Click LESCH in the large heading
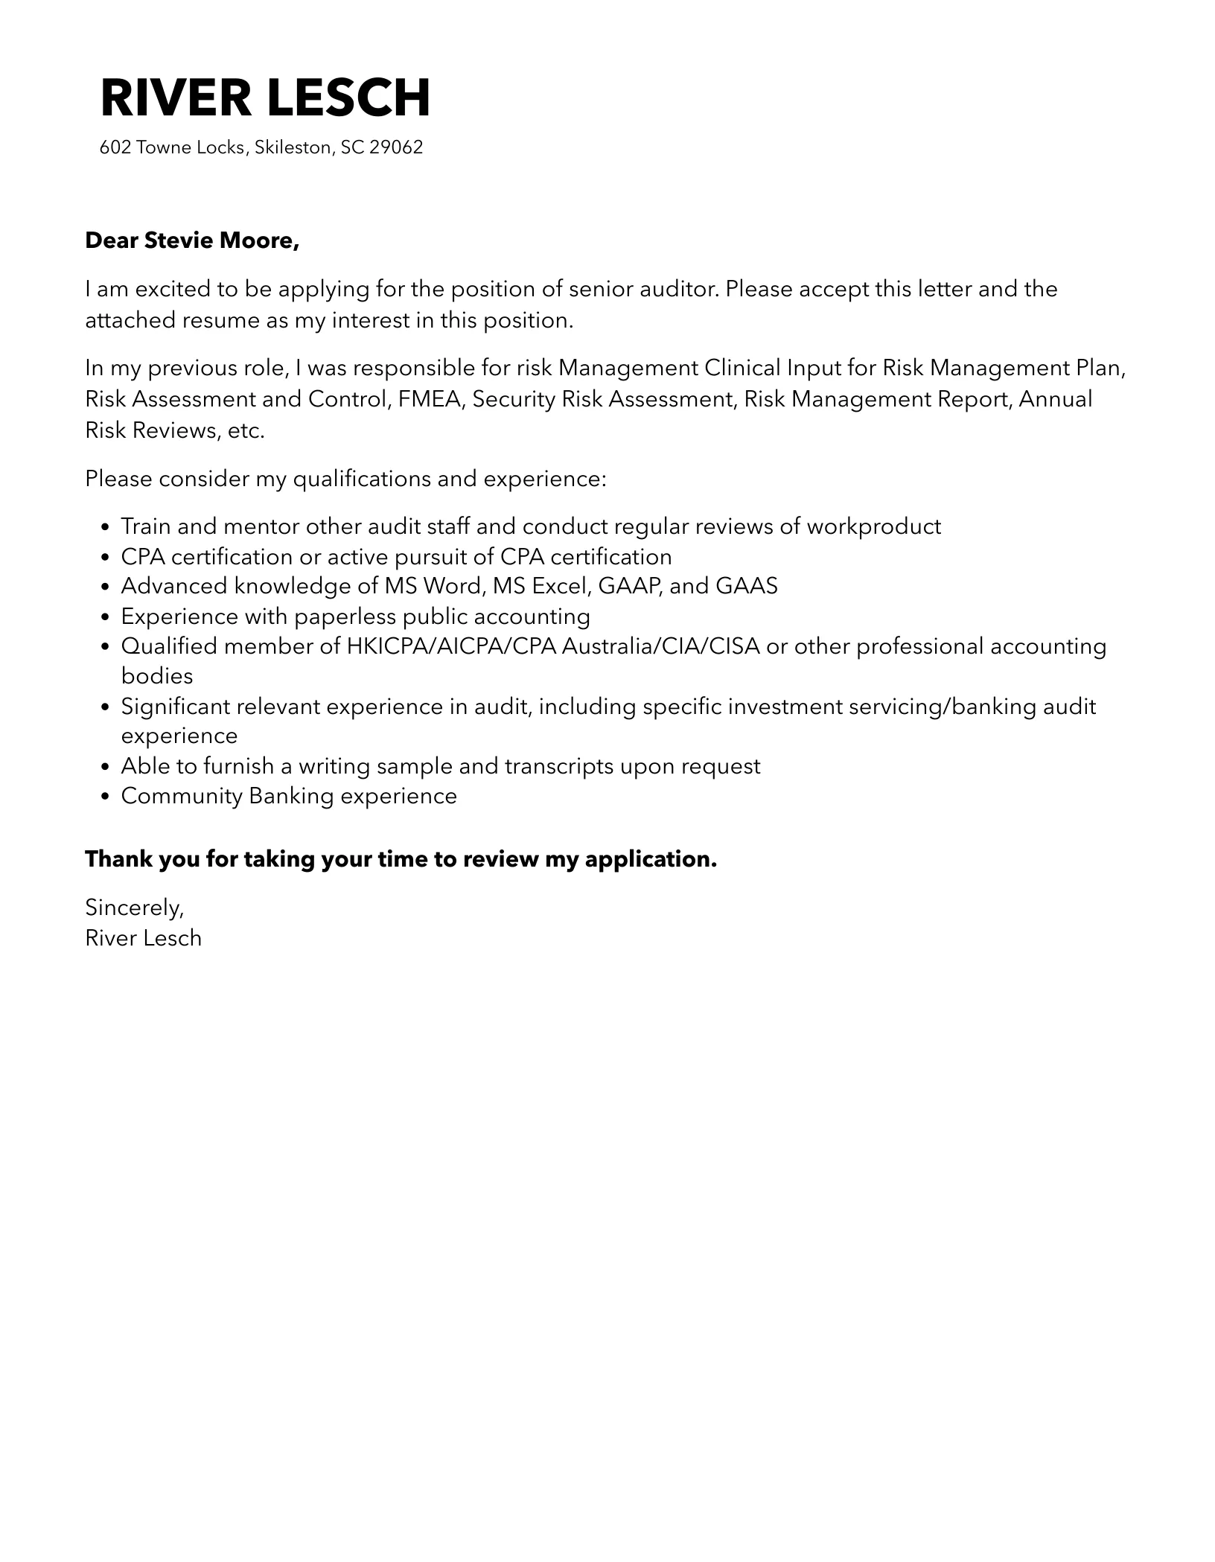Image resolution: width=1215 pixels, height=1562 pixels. click(x=348, y=98)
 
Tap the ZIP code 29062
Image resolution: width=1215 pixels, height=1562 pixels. click(x=396, y=147)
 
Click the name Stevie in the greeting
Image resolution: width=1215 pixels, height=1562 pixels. click(x=175, y=240)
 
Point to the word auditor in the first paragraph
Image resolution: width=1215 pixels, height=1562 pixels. click(x=680, y=289)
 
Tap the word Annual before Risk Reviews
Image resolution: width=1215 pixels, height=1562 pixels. click(x=1055, y=399)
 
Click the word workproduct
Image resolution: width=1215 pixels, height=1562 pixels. click(x=874, y=526)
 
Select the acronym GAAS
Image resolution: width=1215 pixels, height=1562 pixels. click(x=746, y=586)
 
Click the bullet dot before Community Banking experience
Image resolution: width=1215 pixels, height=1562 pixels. click(x=105, y=797)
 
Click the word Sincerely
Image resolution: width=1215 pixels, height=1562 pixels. click(x=134, y=908)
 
